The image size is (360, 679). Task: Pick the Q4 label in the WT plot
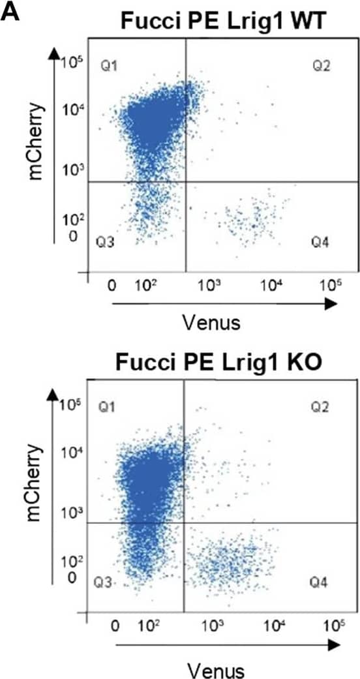319,243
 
